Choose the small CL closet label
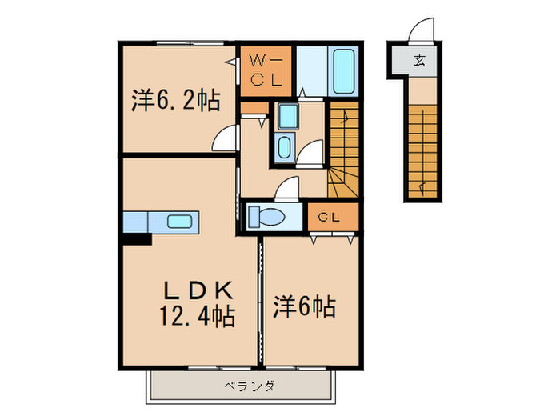(x=329, y=217)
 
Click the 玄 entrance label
(x=419, y=59)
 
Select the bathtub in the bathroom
(x=346, y=73)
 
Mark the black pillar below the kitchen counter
(x=137, y=238)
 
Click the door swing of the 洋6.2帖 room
(x=225, y=140)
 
